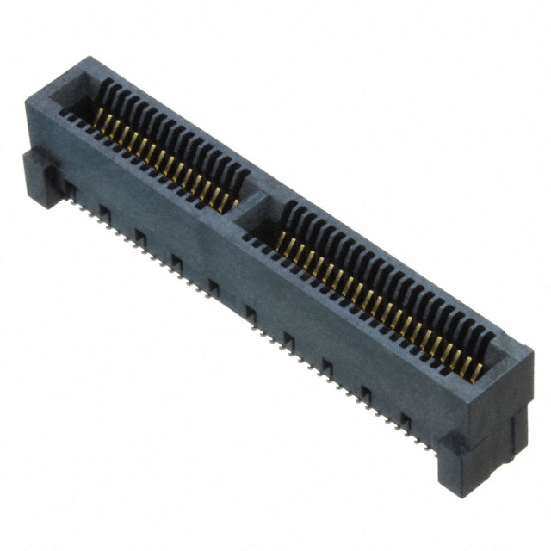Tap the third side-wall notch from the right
tap(327, 366)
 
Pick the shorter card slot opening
tap(164, 146)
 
